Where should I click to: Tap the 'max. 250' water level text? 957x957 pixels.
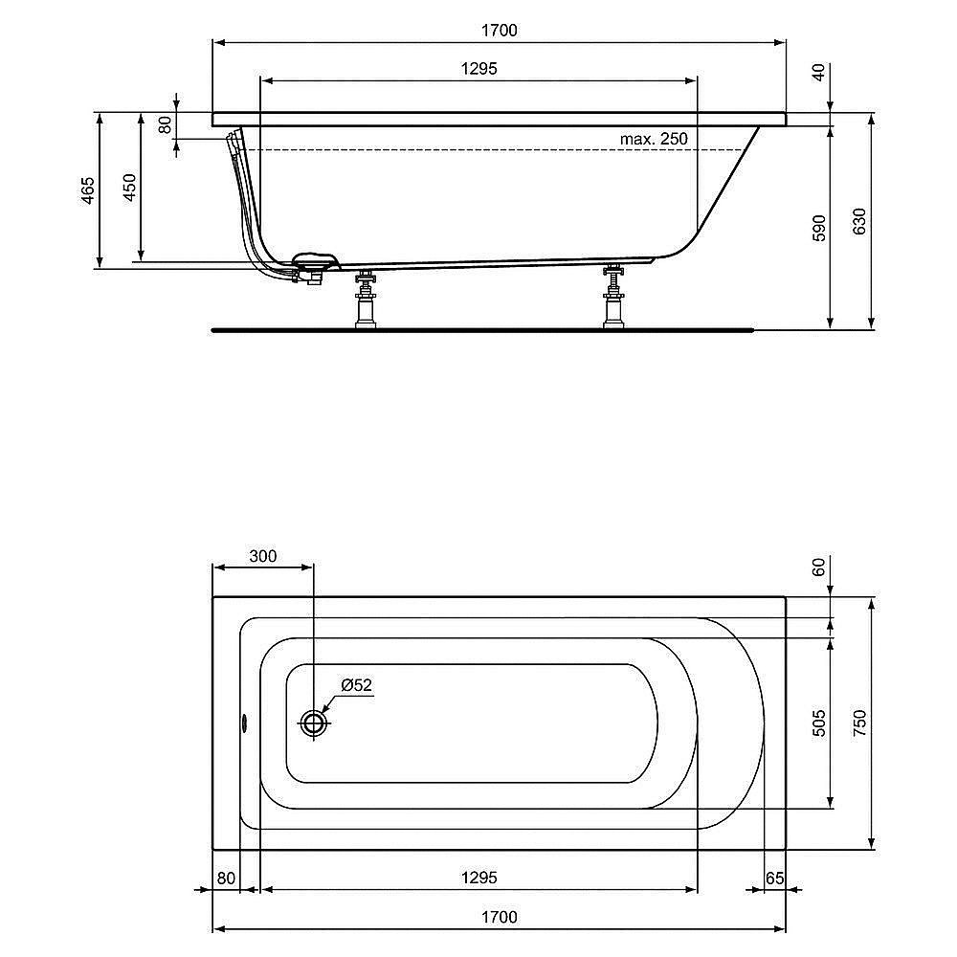(x=654, y=139)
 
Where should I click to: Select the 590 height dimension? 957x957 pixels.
(x=818, y=228)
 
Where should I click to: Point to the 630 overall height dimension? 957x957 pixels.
(x=859, y=222)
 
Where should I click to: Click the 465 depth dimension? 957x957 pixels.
(x=88, y=191)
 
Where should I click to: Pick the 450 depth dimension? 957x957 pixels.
(x=130, y=188)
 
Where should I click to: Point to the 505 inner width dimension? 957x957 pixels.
(x=818, y=723)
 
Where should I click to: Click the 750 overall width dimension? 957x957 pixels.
(x=859, y=723)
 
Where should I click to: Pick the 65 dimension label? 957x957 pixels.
(x=775, y=878)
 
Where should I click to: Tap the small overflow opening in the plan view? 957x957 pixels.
(x=243, y=723)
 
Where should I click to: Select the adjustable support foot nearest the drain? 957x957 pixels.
(x=365, y=300)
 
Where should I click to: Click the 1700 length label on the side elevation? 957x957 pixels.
(x=499, y=31)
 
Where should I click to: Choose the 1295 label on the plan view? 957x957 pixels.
(x=478, y=878)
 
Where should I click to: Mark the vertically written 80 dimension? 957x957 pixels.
(x=165, y=123)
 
